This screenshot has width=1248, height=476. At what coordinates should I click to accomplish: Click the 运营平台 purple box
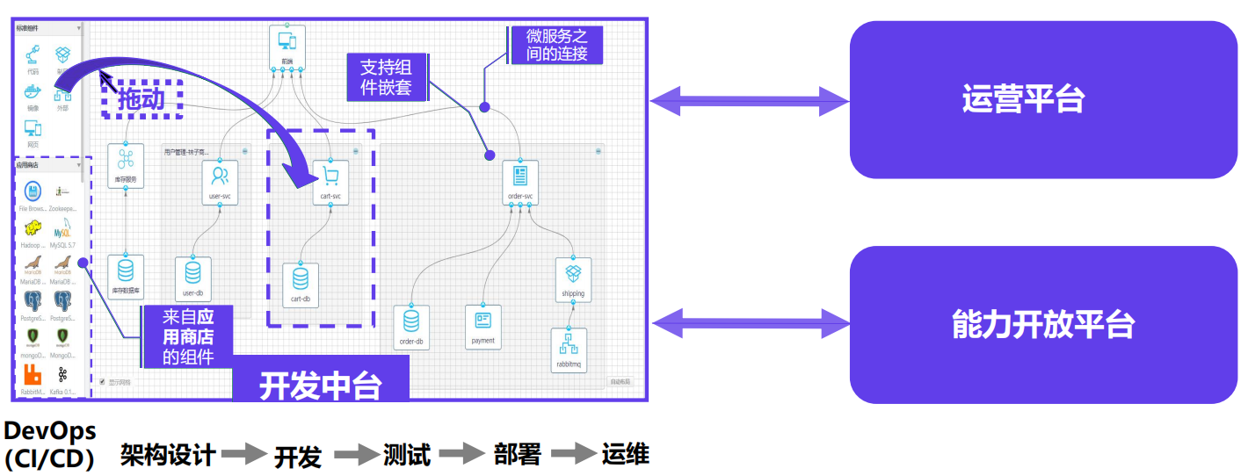[x=1042, y=99]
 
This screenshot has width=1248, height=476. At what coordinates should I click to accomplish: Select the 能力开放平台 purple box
[x=1042, y=324]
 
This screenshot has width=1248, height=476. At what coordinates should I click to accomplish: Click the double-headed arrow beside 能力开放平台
[x=749, y=322]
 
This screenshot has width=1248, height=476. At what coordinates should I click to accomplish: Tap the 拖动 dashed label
[x=141, y=98]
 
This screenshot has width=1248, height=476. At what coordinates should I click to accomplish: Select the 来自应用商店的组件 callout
[x=188, y=335]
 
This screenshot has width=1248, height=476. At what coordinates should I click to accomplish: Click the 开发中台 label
[x=320, y=384]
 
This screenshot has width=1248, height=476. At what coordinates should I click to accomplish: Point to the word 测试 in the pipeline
[x=407, y=455]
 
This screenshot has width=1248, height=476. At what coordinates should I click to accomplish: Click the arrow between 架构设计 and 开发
[x=243, y=454]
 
